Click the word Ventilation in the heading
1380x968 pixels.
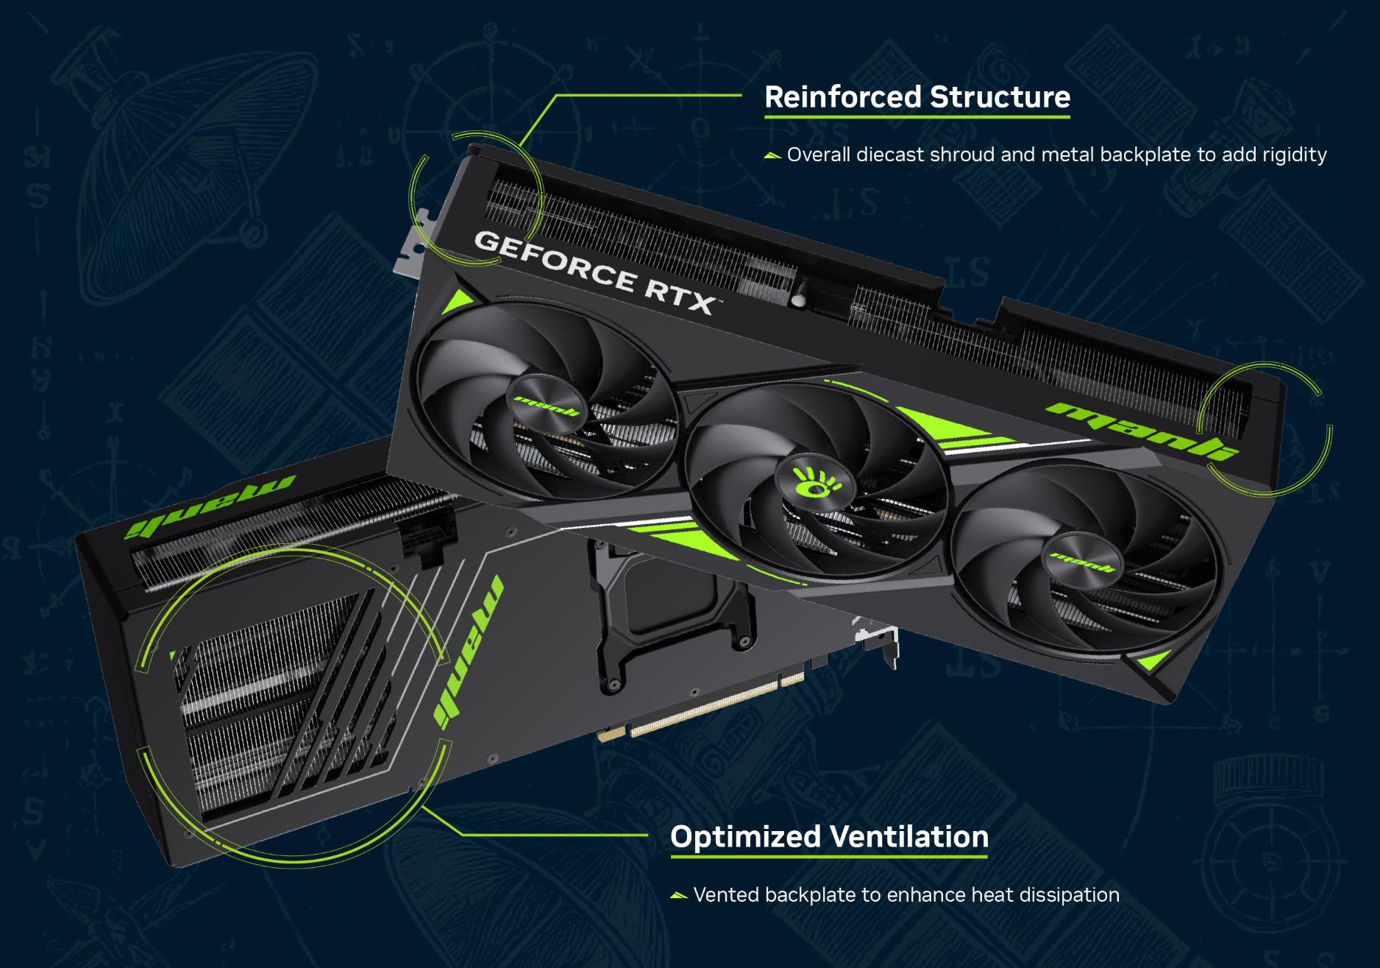[909, 837]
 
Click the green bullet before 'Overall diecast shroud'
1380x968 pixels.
[772, 155]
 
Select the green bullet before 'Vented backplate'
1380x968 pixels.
[679, 896]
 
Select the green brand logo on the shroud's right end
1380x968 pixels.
[1142, 431]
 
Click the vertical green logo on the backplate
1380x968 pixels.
[469, 651]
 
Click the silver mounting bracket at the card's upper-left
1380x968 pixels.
[412, 243]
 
